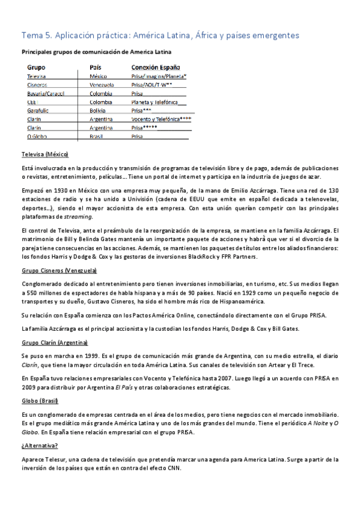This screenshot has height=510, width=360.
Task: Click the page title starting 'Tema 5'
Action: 160,36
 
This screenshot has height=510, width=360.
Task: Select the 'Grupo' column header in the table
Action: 36,68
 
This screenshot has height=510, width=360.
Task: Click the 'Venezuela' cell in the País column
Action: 102,85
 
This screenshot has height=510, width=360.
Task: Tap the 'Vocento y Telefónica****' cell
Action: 160,119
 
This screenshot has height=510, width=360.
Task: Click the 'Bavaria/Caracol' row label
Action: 46,94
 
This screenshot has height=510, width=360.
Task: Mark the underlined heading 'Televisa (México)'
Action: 44,154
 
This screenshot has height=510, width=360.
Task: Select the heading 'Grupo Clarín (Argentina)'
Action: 54,342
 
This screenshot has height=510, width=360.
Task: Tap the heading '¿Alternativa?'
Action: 40,446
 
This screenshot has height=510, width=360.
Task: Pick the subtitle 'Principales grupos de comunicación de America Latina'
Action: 96,52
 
